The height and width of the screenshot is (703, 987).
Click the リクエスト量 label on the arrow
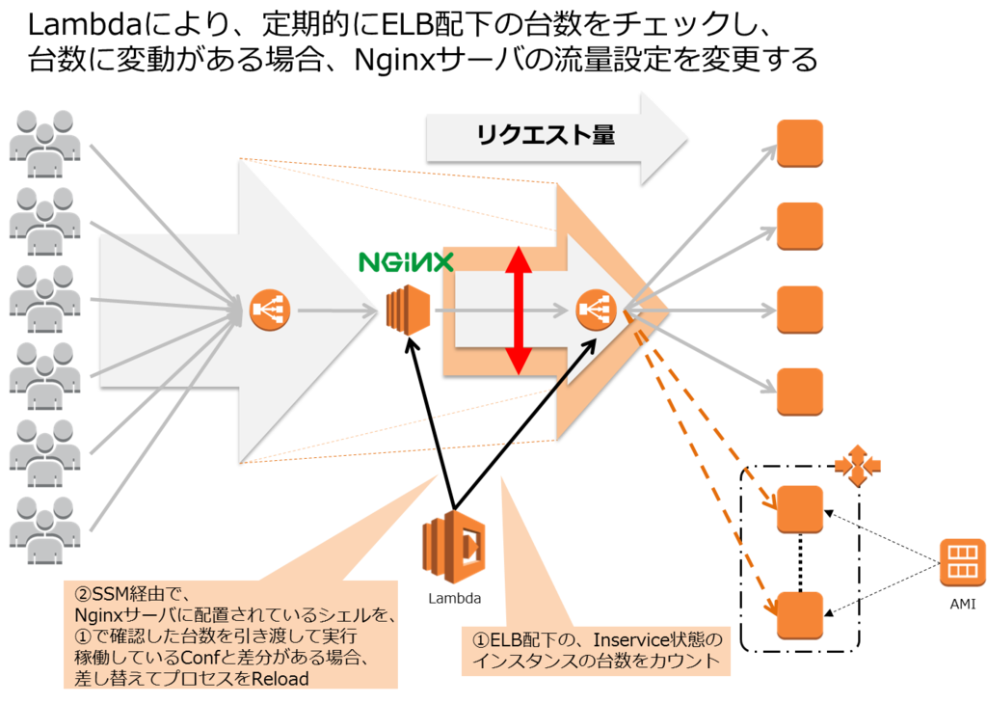(545, 136)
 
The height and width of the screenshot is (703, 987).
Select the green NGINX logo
(406, 260)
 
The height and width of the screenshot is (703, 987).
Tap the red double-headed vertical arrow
(519, 310)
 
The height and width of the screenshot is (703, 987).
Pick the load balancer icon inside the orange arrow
(595, 311)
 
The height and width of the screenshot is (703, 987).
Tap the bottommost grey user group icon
(43, 528)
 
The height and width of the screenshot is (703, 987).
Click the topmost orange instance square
(799, 143)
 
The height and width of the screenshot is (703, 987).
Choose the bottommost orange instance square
(799, 614)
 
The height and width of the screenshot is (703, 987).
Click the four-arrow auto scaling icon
(857, 466)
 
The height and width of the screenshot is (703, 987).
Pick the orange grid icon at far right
(961, 561)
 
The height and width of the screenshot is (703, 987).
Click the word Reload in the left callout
(279, 679)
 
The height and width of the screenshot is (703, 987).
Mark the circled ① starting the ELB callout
(480, 640)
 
